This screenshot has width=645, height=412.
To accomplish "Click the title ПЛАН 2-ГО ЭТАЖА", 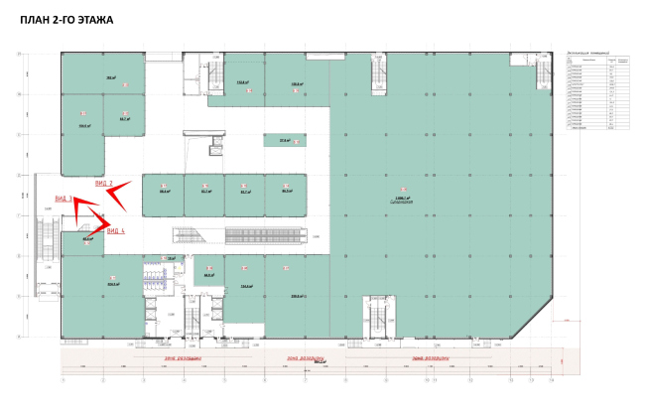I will click(x=65, y=19).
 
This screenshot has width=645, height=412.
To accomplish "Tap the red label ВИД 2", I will click(x=103, y=184).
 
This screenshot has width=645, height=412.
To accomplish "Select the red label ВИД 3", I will click(x=64, y=199).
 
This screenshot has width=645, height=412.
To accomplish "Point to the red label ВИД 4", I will click(x=115, y=231).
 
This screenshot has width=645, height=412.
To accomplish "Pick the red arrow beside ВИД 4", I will click(x=101, y=222).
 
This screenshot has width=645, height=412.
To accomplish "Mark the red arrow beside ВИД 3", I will click(x=85, y=208).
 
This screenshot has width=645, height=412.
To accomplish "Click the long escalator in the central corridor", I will click(x=264, y=235).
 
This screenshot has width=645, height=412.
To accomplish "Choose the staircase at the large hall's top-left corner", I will click(x=377, y=74).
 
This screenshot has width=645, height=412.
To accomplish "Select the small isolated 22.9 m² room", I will click(x=285, y=141).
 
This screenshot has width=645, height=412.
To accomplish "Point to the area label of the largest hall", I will click(x=401, y=200).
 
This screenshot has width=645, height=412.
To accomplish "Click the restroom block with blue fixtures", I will click(x=157, y=277).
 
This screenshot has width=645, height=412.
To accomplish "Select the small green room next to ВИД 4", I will click(x=87, y=239).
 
